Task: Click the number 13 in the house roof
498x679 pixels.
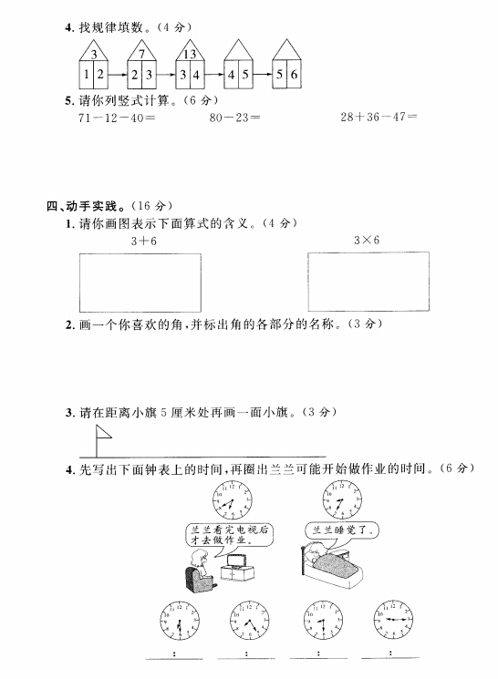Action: click(190, 54)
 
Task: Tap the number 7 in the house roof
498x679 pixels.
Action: click(141, 54)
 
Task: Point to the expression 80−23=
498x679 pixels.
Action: click(234, 118)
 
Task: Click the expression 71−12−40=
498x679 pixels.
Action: click(117, 118)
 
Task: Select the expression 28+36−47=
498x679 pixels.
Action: click(379, 117)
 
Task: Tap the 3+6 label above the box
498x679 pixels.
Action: click(144, 242)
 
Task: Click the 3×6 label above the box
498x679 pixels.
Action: click(367, 240)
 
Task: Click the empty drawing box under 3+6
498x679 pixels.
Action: click(140, 283)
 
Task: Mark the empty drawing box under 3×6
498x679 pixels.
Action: click(368, 281)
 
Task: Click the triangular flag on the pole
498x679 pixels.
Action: click(103, 432)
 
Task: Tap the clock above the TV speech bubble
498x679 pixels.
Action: click(233, 500)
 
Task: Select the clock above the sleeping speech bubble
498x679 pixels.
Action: click(342, 499)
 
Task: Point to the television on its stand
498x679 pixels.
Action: click(236, 568)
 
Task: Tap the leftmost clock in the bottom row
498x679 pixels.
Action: click(180, 620)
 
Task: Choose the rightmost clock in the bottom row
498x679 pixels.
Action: click(393, 620)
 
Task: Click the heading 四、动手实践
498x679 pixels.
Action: click(82, 206)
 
